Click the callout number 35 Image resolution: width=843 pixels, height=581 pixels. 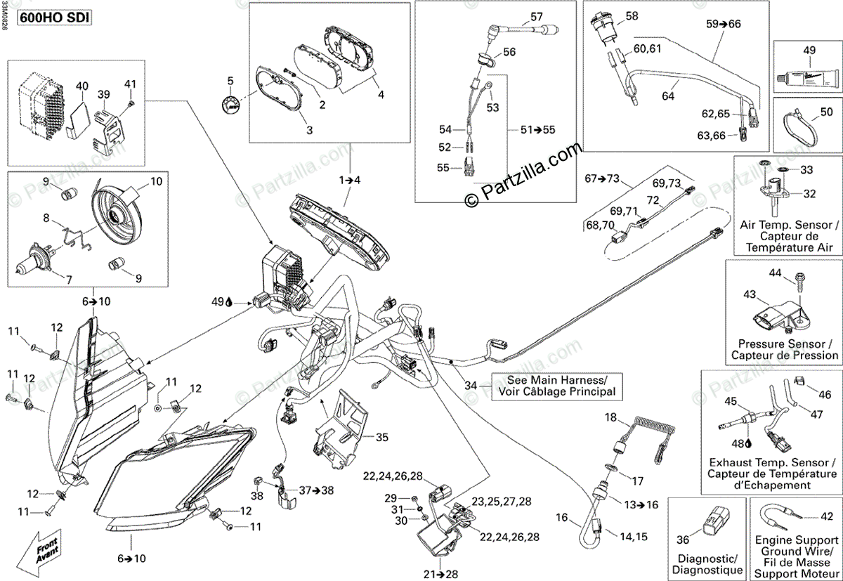click(381, 437)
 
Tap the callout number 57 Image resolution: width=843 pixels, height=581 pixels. click(537, 16)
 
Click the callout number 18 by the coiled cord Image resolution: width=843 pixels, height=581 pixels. click(612, 418)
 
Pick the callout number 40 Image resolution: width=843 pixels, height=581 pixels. click(82, 86)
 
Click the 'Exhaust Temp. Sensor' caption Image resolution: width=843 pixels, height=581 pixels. click(771, 474)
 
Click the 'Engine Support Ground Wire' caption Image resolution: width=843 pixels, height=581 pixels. click(795, 552)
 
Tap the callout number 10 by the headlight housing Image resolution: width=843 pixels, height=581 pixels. click(156, 181)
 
